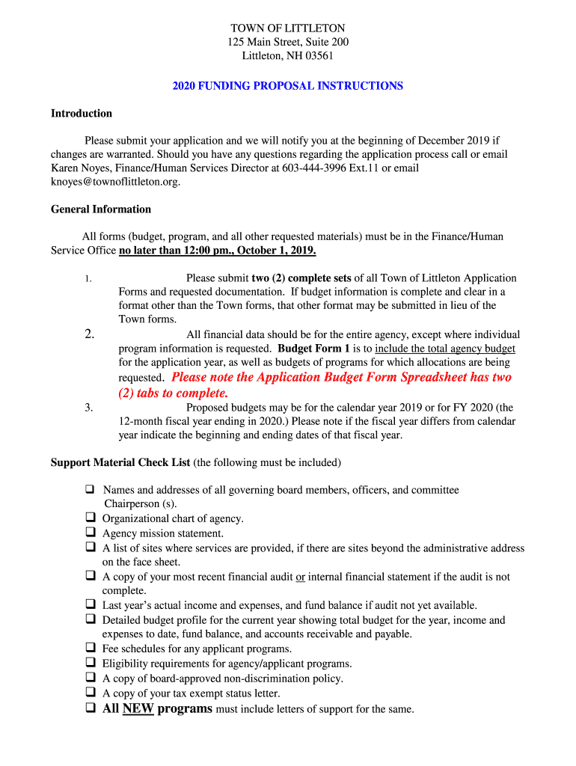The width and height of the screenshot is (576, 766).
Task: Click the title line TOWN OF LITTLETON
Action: click(x=287, y=28)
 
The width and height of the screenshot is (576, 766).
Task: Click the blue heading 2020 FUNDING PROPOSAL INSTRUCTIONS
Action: click(x=287, y=86)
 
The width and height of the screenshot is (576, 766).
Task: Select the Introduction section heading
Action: click(x=82, y=114)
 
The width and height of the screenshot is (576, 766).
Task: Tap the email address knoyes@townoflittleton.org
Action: click(x=115, y=182)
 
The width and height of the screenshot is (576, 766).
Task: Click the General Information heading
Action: click(x=101, y=209)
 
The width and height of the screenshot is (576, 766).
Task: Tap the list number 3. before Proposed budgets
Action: click(x=88, y=408)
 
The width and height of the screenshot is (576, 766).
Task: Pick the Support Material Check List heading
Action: click(x=120, y=463)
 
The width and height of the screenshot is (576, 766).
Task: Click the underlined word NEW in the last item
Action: click(x=138, y=708)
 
